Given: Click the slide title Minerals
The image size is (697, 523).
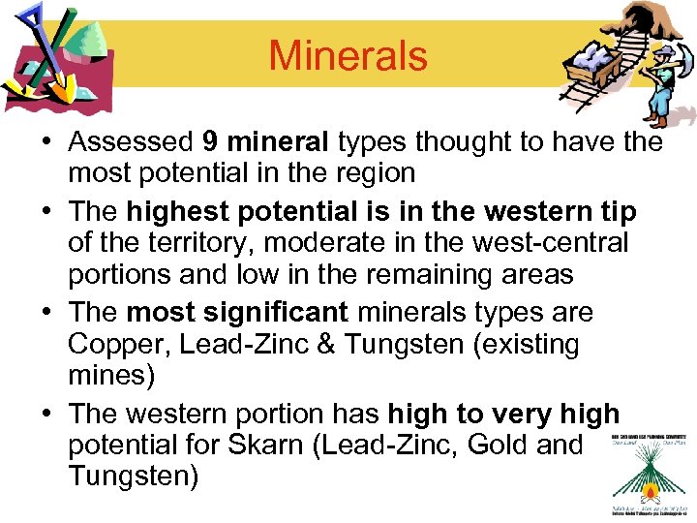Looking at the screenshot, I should point(348,55).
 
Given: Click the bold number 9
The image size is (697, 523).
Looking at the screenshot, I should point(210,142).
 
